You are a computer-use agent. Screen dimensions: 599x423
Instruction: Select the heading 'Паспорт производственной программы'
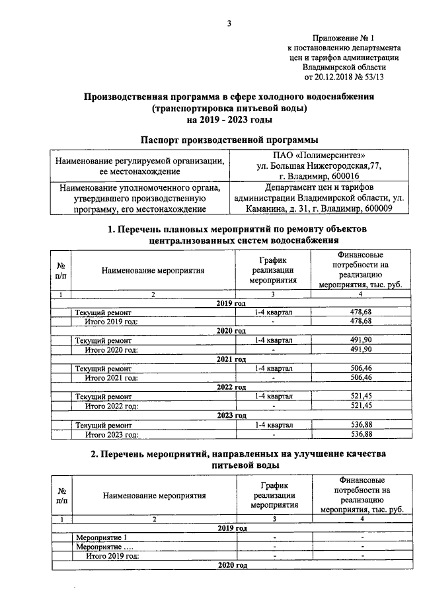pos(229,139)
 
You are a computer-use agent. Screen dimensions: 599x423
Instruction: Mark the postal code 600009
pos(375,209)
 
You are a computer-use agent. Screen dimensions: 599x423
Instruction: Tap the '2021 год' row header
pos(231,359)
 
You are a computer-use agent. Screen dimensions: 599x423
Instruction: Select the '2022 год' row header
pos(231,387)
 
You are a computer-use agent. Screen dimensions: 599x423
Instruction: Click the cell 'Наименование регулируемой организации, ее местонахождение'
pos(139,166)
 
